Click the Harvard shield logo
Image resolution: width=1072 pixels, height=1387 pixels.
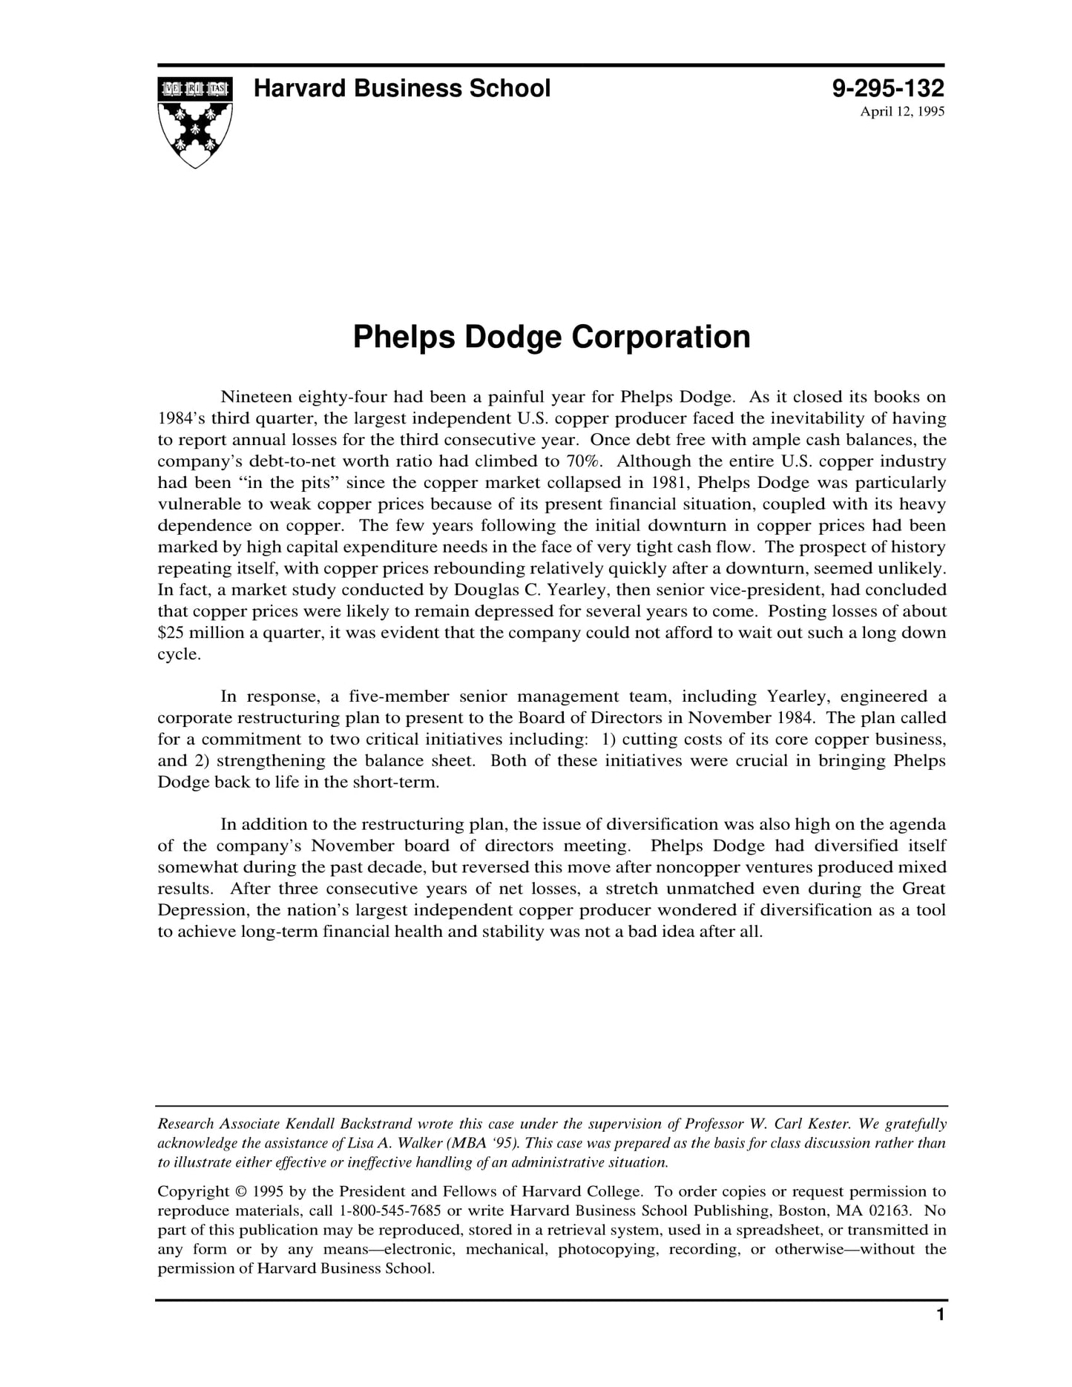195,121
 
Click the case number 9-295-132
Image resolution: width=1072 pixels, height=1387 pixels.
887,89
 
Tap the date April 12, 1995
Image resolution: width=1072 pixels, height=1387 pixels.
901,112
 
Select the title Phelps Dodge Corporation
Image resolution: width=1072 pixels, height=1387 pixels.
551,337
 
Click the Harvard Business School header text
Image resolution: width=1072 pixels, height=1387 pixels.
402,89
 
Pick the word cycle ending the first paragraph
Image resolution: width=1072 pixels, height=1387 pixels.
178,655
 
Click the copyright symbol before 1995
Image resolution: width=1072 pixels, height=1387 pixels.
240,1192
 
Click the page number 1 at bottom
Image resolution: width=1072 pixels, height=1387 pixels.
940,1315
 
